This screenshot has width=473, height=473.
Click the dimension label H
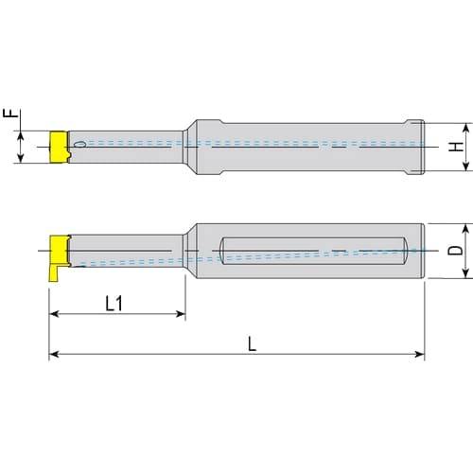pos(456,147)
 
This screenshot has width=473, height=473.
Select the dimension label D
pos(456,251)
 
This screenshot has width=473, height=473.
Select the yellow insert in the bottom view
pos(60,252)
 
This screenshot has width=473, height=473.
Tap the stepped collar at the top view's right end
pos(417,146)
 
